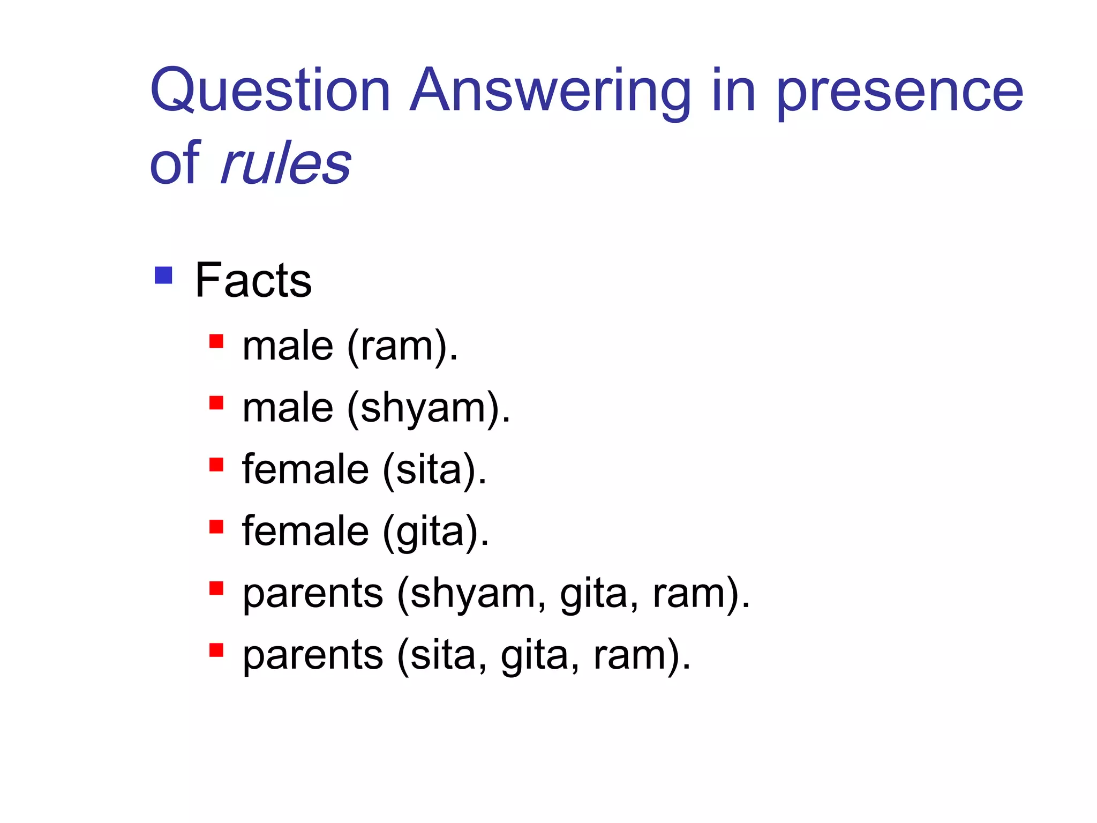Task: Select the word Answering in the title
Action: tap(550, 91)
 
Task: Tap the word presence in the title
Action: tap(899, 91)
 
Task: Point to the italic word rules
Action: tap(286, 163)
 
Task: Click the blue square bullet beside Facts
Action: tap(163, 275)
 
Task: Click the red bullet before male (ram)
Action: tap(216, 341)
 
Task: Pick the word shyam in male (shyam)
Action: tap(423, 408)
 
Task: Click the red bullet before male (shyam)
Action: tap(216, 403)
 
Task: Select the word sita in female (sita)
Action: tap(429, 470)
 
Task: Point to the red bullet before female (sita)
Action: tap(216, 465)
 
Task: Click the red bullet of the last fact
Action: tap(216, 650)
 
